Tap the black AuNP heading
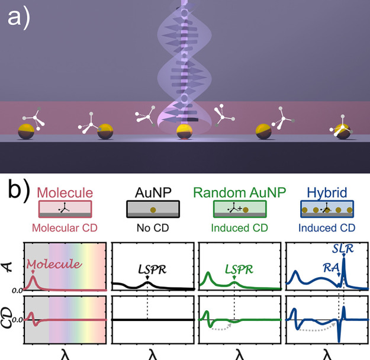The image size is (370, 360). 153,192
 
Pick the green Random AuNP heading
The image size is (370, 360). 239,192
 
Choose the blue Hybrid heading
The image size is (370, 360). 327,192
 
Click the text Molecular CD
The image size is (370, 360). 65,227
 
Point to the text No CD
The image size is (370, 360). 153,227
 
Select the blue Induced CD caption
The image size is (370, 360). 327,227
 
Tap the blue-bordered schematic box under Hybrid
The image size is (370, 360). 327,209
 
